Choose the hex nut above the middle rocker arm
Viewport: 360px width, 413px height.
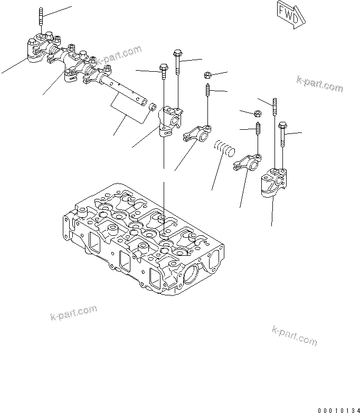[x=208, y=75]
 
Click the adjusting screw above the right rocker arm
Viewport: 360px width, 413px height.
[x=258, y=129]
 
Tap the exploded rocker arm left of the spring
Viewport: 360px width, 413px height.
[x=197, y=132]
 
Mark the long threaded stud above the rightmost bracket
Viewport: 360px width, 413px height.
[x=275, y=108]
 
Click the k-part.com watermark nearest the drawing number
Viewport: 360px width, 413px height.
[x=295, y=334]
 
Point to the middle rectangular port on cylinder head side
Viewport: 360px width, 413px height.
[x=125, y=260]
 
